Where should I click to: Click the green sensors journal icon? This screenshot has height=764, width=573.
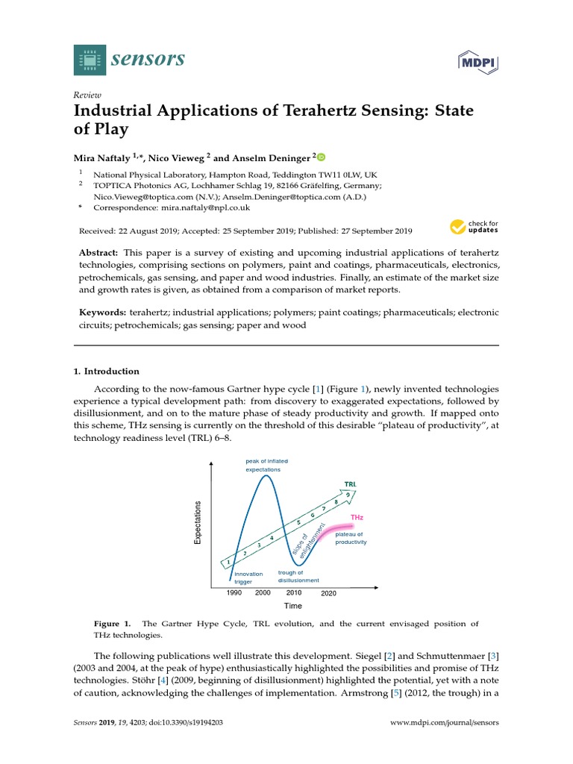(x=90, y=60)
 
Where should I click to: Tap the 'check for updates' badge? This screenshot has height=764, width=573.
(x=474, y=227)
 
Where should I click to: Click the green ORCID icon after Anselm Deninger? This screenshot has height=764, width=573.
(x=322, y=157)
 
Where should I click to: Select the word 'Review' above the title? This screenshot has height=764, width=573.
(x=87, y=95)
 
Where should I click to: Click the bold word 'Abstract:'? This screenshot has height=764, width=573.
(x=100, y=253)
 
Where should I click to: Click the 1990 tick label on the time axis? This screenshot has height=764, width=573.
(x=234, y=592)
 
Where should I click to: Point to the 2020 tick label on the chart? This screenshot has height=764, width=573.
(x=329, y=593)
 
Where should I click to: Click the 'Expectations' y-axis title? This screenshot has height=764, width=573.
(x=198, y=522)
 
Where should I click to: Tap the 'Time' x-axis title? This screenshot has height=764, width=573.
(x=292, y=606)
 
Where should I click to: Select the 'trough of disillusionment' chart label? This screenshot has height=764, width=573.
(x=298, y=576)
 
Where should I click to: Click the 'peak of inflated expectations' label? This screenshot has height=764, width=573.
(x=266, y=466)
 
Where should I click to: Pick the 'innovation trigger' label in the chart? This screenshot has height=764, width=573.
(x=248, y=577)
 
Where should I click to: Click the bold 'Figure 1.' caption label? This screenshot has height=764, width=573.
(x=112, y=623)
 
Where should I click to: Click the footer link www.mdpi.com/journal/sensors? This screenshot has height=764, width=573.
(x=445, y=723)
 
